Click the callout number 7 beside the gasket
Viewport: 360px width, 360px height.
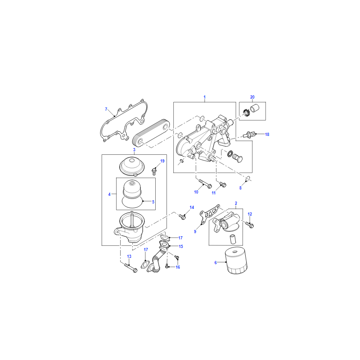(106, 109)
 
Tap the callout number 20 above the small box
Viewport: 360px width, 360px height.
(252, 97)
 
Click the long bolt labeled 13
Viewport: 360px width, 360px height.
(130, 268)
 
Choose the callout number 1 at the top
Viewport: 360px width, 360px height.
(205, 97)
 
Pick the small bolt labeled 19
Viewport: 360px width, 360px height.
(154, 171)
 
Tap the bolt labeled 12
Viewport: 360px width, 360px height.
(249, 224)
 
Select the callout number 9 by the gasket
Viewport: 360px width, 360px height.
(195, 231)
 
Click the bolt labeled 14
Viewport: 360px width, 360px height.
(182, 216)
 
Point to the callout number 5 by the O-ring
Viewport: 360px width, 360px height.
(153, 202)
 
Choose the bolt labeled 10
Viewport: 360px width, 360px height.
(205, 184)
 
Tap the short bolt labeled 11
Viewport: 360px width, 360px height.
(223, 184)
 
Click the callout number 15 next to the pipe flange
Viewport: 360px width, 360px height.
(181, 246)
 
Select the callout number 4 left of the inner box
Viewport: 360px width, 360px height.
(109, 194)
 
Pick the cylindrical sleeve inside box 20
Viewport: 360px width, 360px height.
(254, 108)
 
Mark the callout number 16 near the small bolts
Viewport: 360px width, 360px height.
(178, 267)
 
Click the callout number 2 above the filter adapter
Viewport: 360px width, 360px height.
(236, 203)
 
